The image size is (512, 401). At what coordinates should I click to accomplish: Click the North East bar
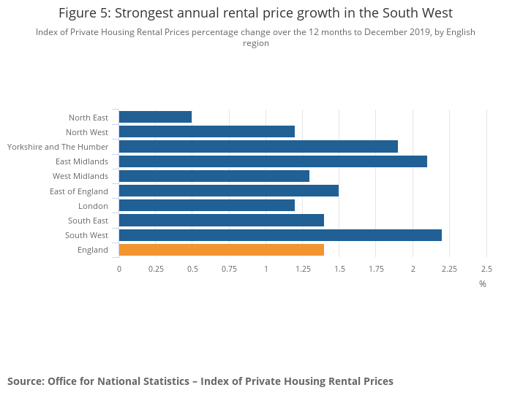click(155, 117)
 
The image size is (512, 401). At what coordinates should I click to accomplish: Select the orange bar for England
click(221, 250)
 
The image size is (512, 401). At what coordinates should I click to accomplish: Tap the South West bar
click(280, 235)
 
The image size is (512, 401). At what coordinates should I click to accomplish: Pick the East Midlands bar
click(273, 161)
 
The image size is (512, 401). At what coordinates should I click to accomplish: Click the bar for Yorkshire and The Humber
click(258, 147)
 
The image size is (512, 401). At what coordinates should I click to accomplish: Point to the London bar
click(206, 206)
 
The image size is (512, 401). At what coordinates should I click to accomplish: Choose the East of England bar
click(228, 191)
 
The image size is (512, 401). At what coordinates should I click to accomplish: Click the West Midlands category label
click(80, 176)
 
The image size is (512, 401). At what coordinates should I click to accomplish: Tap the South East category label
click(88, 221)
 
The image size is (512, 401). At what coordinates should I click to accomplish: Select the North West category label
click(87, 132)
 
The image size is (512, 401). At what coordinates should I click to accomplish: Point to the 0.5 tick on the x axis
click(192, 269)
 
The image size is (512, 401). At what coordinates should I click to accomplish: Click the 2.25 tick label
click(449, 269)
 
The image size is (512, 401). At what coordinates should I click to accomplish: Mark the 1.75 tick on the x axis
click(376, 269)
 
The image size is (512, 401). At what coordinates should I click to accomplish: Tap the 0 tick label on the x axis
click(119, 269)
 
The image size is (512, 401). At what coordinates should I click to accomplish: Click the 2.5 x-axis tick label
click(486, 269)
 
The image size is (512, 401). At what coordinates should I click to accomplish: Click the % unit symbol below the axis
click(483, 284)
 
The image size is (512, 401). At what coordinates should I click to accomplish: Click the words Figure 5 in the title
click(85, 13)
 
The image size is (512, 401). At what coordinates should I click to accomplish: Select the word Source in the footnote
click(25, 381)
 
